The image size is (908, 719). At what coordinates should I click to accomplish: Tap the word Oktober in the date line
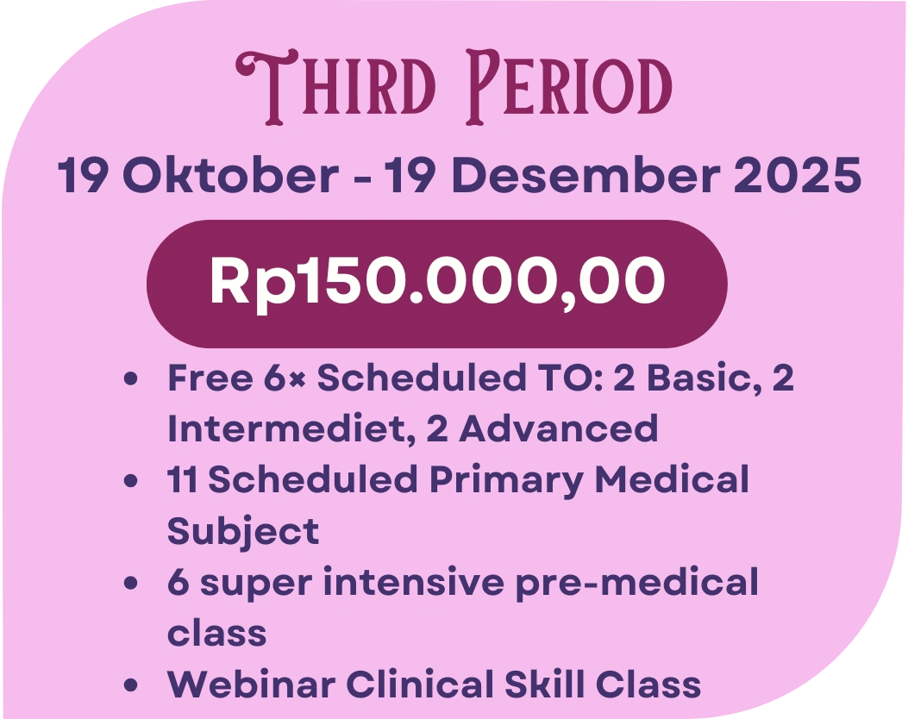pyautogui.click(x=230, y=175)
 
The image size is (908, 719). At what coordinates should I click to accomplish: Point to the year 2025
pyautogui.click(x=798, y=175)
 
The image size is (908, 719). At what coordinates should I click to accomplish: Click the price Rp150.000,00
pyautogui.click(x=437, y=282)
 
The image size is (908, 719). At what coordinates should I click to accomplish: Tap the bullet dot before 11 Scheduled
pyautogui.click(x=131, y=481)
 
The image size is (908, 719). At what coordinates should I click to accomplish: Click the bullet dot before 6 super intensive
pyautogui.click(x=131, y=583)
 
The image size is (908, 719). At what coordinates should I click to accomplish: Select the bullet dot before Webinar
pyautogui.click(x=131, y=685)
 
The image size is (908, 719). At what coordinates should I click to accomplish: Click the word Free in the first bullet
pyautogui.click(x=210, y=378)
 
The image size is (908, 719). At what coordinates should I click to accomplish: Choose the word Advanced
pyautogui.click(x=558, y=429)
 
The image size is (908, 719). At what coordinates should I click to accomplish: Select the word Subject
pyautogui.click(x=243, y=531)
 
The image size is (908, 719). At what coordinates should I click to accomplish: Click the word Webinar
pyautogui.click(x=251, y=685)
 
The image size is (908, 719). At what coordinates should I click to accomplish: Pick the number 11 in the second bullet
pyautogui.click(x=182, y=480)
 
